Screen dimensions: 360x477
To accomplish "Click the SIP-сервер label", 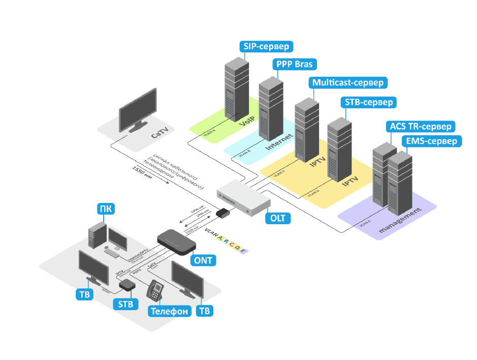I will click(x=266, y=47).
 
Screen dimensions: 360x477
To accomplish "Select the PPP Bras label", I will click(x=295, y=65).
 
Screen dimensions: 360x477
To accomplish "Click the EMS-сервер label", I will click(x=431, y=141).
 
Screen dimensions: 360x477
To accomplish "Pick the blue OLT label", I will click(x=277, y=218).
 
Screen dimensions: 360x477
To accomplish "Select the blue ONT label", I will click(x=203, y=260).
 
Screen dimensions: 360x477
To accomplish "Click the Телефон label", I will click(x=169, y=311).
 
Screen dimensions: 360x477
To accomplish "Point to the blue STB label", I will click(x=125, y=305).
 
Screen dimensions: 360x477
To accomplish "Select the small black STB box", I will click(x=126, y=286).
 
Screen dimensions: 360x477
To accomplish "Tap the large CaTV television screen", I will click(x=138, y=110).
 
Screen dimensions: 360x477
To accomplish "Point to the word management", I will click(x=400, y=221).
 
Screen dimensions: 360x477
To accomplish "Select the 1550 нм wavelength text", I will click(x=142, y=175).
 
